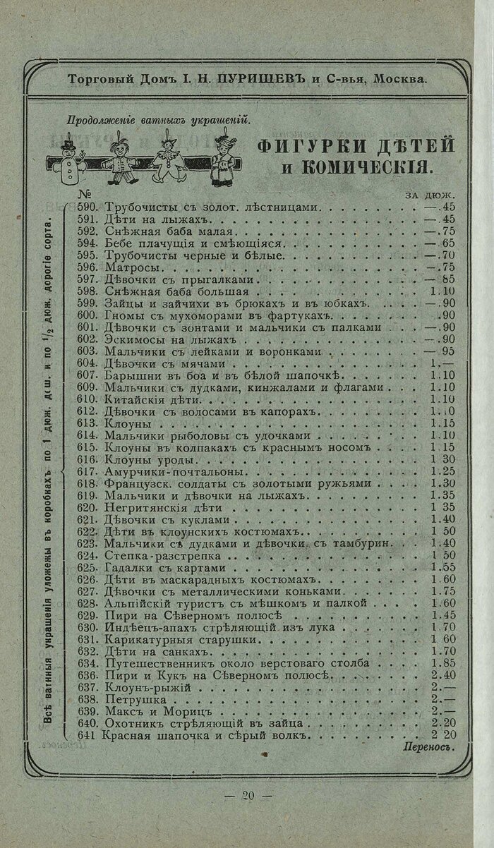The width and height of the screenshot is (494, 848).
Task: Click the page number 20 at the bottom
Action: pos(247,796)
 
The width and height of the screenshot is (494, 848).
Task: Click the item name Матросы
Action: pos(126,267)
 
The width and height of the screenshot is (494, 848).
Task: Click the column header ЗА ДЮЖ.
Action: pos(429,195)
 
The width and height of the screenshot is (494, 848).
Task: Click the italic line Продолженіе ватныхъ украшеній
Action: pos(159,119)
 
